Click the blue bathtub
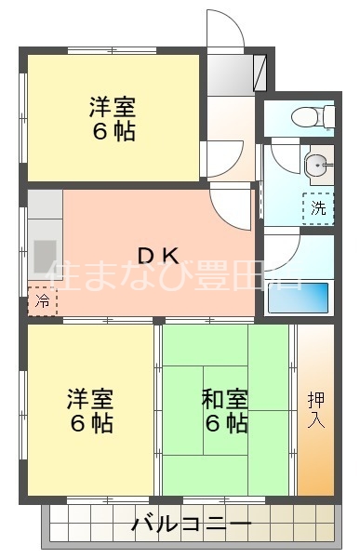(297, 297)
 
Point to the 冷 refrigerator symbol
(41, 300)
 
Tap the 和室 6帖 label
(224, 412)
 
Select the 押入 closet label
(315, 409)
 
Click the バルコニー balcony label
(191, 525)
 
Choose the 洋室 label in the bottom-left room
(90, 400)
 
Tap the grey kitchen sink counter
(43, 247)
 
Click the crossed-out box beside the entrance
(260, 72)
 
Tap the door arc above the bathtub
(283, 251)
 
